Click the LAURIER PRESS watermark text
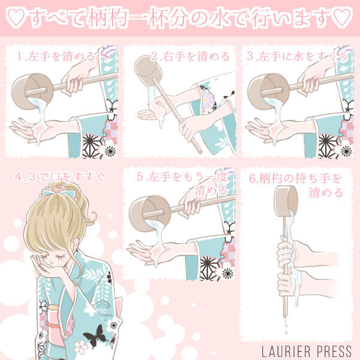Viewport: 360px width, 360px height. click(307, 351)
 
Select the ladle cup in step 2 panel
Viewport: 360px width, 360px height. click(148, 68)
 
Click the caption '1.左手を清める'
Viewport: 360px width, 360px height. click(56, 56)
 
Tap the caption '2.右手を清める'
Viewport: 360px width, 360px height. click(190, 56)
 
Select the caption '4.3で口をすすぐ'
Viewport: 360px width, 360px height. click(60, 177)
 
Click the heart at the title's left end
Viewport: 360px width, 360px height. click(16, 17)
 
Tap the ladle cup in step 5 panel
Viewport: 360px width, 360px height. click(150, 213)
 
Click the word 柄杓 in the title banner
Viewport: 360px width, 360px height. click(107, 17)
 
